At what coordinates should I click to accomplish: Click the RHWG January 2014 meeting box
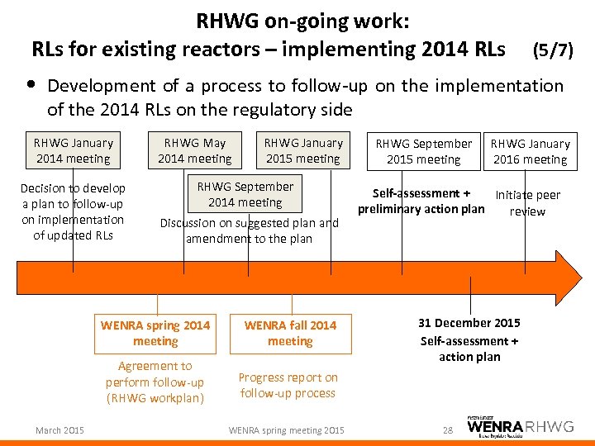coord(73,150)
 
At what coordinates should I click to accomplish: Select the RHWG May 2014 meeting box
coord(194,150)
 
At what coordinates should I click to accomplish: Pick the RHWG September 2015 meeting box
coord(423,151)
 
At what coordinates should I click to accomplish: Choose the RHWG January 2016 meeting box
coord(530,151)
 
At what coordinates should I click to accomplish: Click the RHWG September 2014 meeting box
coord(245,194)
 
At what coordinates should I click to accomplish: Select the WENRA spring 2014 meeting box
coord(155,333)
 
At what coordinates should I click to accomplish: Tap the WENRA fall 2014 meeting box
coord(290,333)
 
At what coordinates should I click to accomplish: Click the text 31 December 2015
coord(469,323)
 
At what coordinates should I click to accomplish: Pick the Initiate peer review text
coord(527,203)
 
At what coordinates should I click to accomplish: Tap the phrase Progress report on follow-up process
coord(288,385)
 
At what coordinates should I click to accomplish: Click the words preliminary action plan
coord(421,209)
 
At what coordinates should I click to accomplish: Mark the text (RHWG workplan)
coord(155,399)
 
